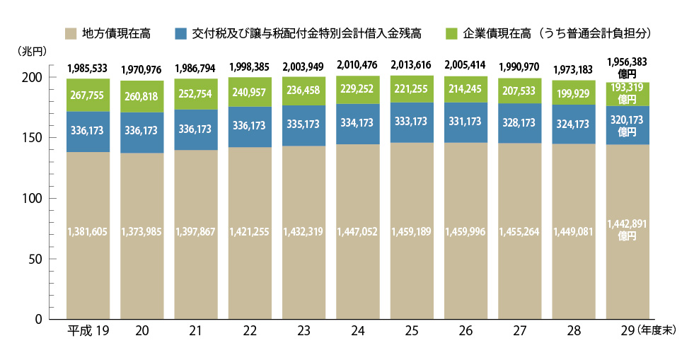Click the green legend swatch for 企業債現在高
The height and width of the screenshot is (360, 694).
453,33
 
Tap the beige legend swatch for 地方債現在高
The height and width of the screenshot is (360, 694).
70,33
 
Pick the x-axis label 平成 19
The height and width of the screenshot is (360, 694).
87,331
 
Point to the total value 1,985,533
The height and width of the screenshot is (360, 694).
88,69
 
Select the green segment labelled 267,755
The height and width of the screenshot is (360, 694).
88,95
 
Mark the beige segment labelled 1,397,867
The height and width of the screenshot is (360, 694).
196,232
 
